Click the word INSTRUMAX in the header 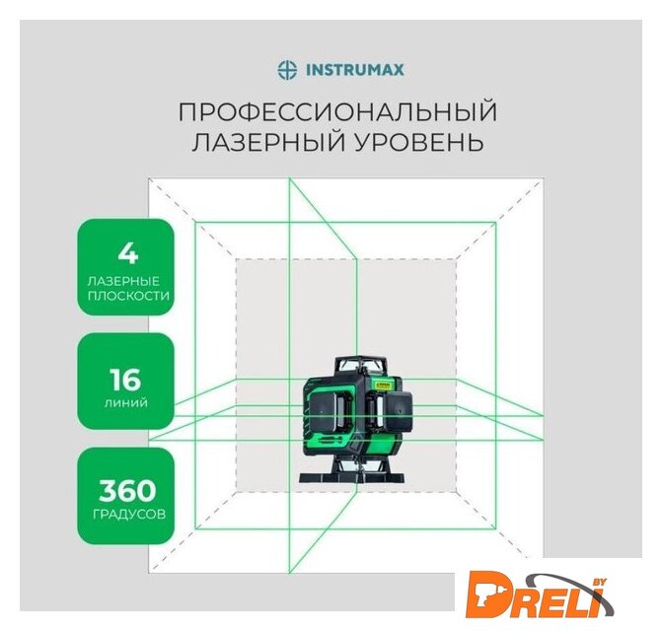pyautogui.click(x=354, y=70)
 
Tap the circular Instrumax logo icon pyautogui.click(x=287, y=70)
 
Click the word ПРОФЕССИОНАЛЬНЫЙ pyautogui.click(x=337, y=111)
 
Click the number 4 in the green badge pyautogui.click(x=127, y=253)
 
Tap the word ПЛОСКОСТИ pyautogui.click(x=128, y=295)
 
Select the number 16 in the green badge pyautogui.click(x=125, y=380)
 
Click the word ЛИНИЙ pyautogui.click(x=126, y=403)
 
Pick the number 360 pyautogui.click(x=127, y=491)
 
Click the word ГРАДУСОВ pyautogui.click(x=129, y=515)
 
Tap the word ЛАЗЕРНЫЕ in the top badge pyautogui.click(x=123, y=281)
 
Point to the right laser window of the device pyautogui.click(x=400, y=408)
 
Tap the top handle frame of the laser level pyautogui.click(x=361, y=364)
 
